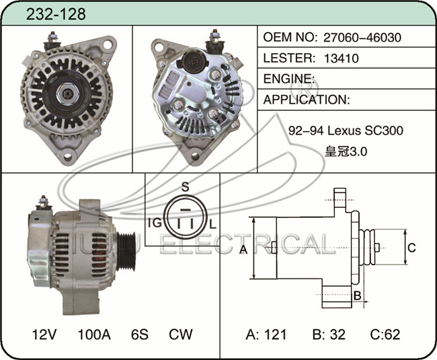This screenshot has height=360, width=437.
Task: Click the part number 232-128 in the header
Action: tap(56, 14)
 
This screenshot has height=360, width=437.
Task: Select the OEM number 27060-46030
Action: tap(362, 38)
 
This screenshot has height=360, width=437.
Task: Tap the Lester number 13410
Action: tap(342, 59)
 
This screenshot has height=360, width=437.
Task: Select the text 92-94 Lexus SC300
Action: tap(346, 131)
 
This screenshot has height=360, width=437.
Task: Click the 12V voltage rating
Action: tap(44, 334)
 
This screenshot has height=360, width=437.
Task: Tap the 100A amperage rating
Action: tap(94, 334)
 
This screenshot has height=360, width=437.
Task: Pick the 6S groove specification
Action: tap(139, 334)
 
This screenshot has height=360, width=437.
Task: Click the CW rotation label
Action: tap(181, 334)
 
